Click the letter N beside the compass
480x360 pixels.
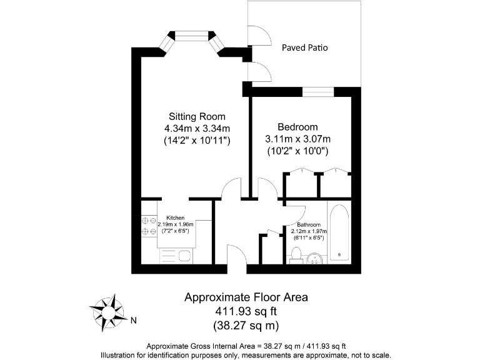tap(133, 321)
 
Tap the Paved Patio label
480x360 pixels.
tap(304, 47)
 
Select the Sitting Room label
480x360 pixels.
tap(197, 117)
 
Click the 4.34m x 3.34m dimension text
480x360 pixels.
tap(197, 129)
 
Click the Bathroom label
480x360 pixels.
tap(309, 224)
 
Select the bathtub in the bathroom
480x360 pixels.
tap(340, 232)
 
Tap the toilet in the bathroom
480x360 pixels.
tap(297, 256)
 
